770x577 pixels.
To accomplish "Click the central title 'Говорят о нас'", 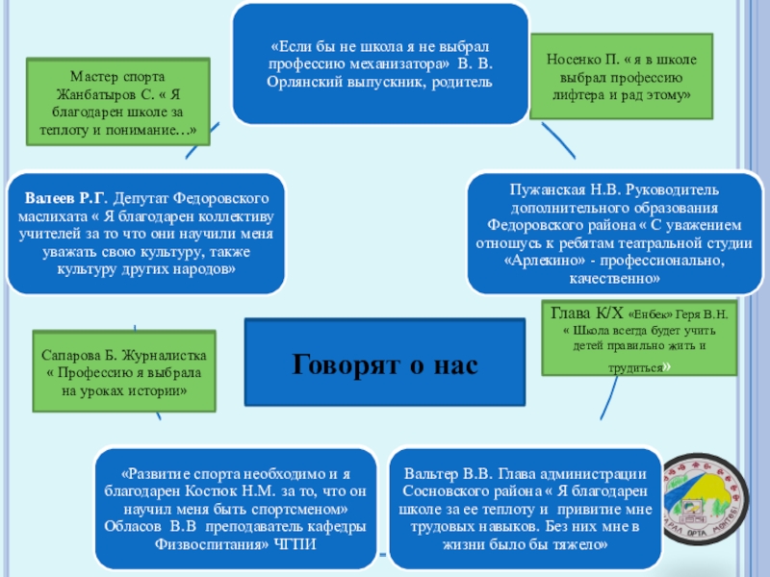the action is point(384,364).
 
